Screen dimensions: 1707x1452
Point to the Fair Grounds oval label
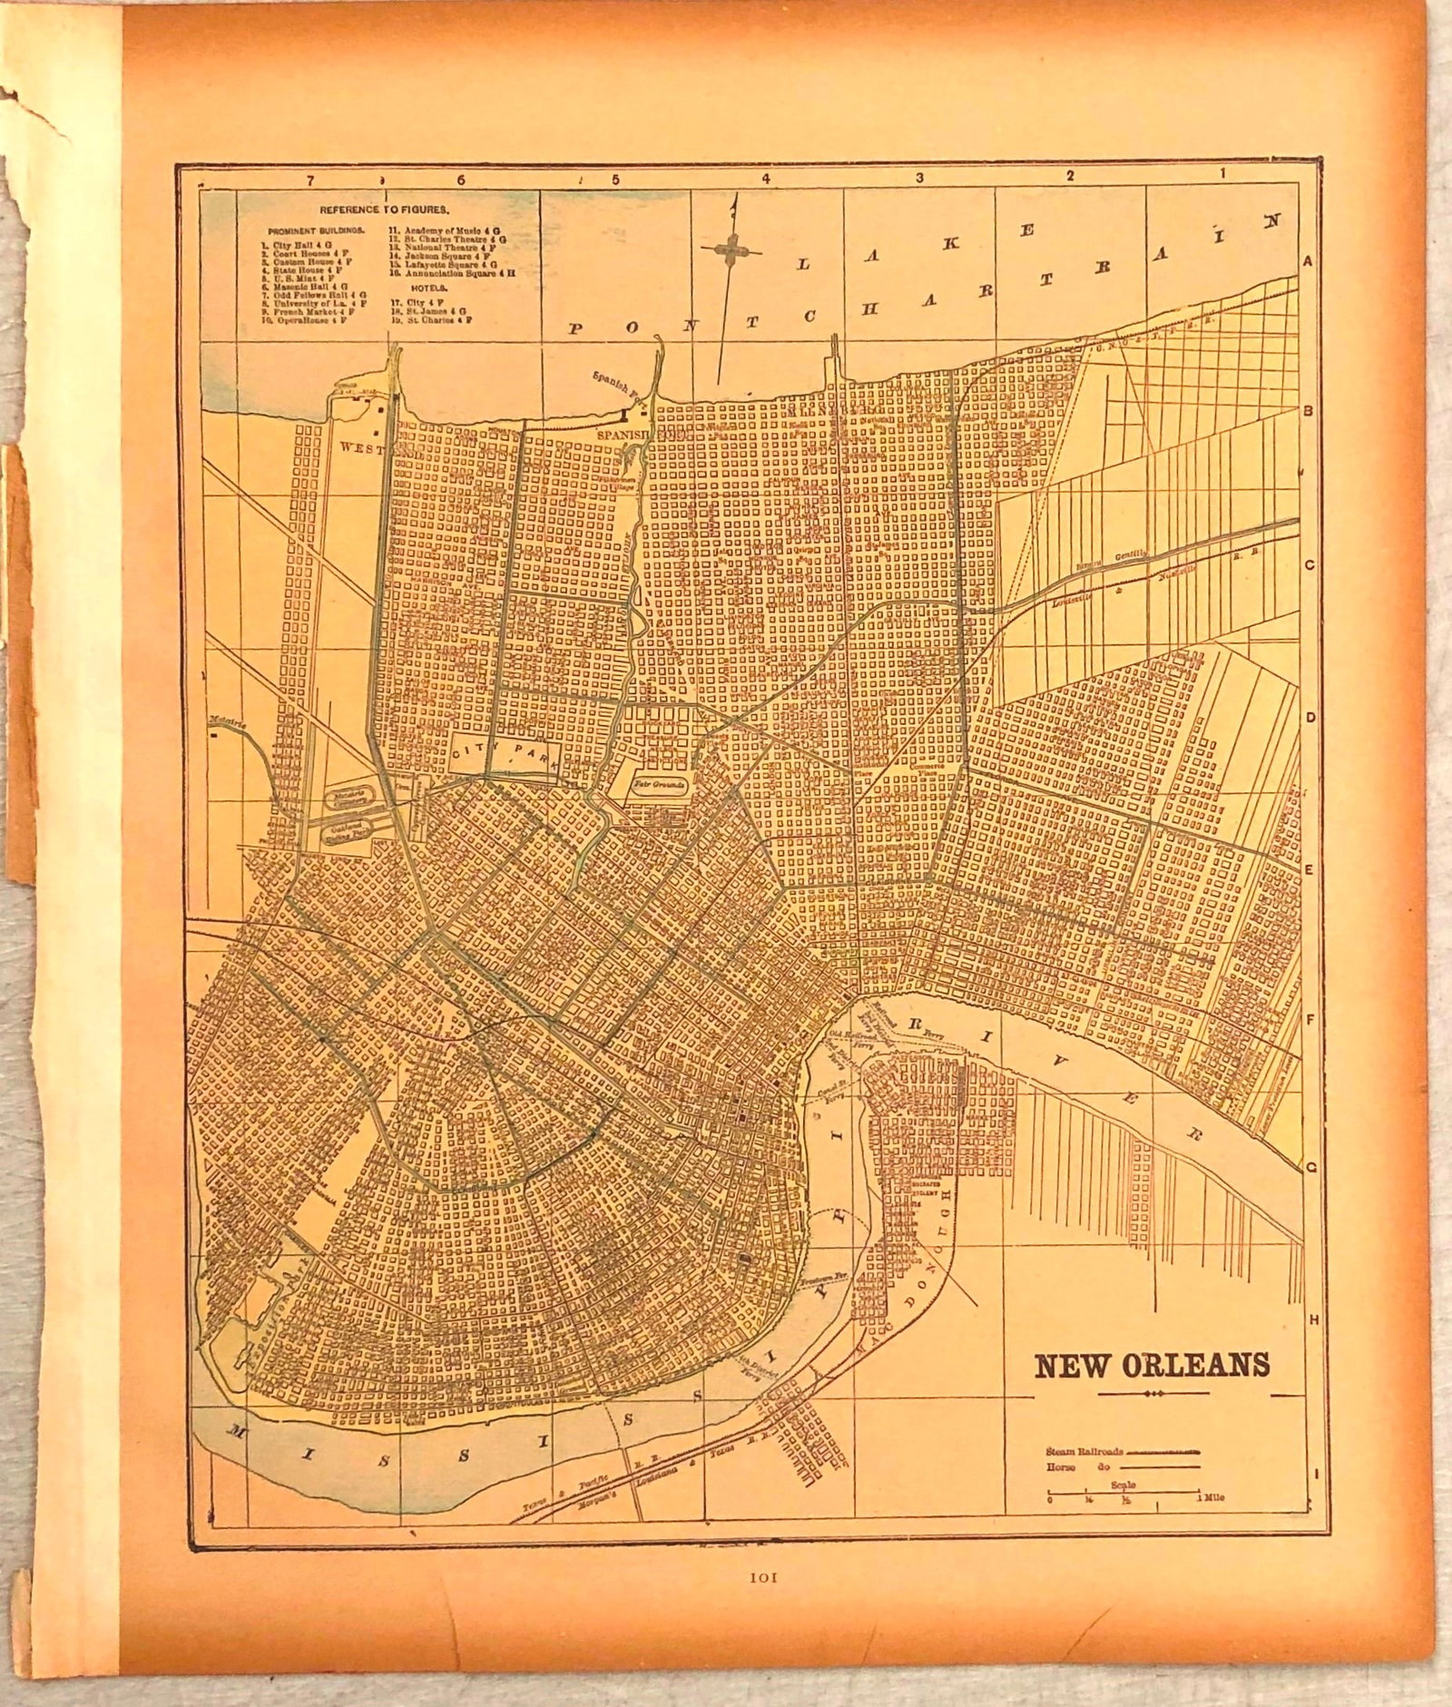660,781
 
